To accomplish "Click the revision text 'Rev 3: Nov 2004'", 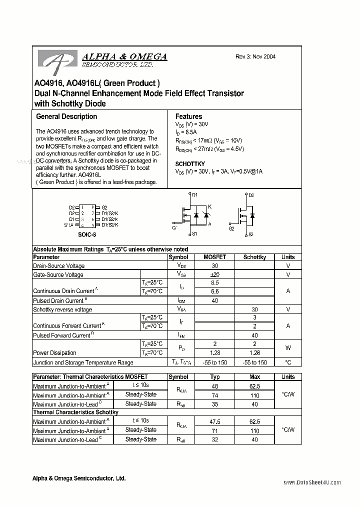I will [x=255, y=56].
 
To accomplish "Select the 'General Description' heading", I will [x=66, y=116].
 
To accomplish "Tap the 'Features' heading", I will [x=188, y=116].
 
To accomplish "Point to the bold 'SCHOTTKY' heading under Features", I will [x=190, y=164].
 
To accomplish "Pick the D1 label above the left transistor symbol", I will [x=195, y=195].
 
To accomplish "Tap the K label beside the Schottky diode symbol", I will [x=209, y=206].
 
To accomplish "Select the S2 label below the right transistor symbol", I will [x=251, y=234].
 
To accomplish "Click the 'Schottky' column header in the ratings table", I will [x=254, y=257].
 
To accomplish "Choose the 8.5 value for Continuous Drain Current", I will [x=215, y=282].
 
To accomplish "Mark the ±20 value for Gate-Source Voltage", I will [x=215, y=274].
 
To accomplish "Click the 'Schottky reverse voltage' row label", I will [x=62, y=309].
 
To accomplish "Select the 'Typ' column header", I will [x=215, y=377].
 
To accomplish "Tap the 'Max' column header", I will [x=254, y=377].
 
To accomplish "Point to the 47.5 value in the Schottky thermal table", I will [x=215, y=421].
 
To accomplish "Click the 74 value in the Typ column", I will [x=215, y=395].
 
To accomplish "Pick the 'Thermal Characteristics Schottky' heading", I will [x=75, y=412].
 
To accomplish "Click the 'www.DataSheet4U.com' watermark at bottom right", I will [x=312, y=482].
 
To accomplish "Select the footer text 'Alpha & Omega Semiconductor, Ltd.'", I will [x=79, y=478].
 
